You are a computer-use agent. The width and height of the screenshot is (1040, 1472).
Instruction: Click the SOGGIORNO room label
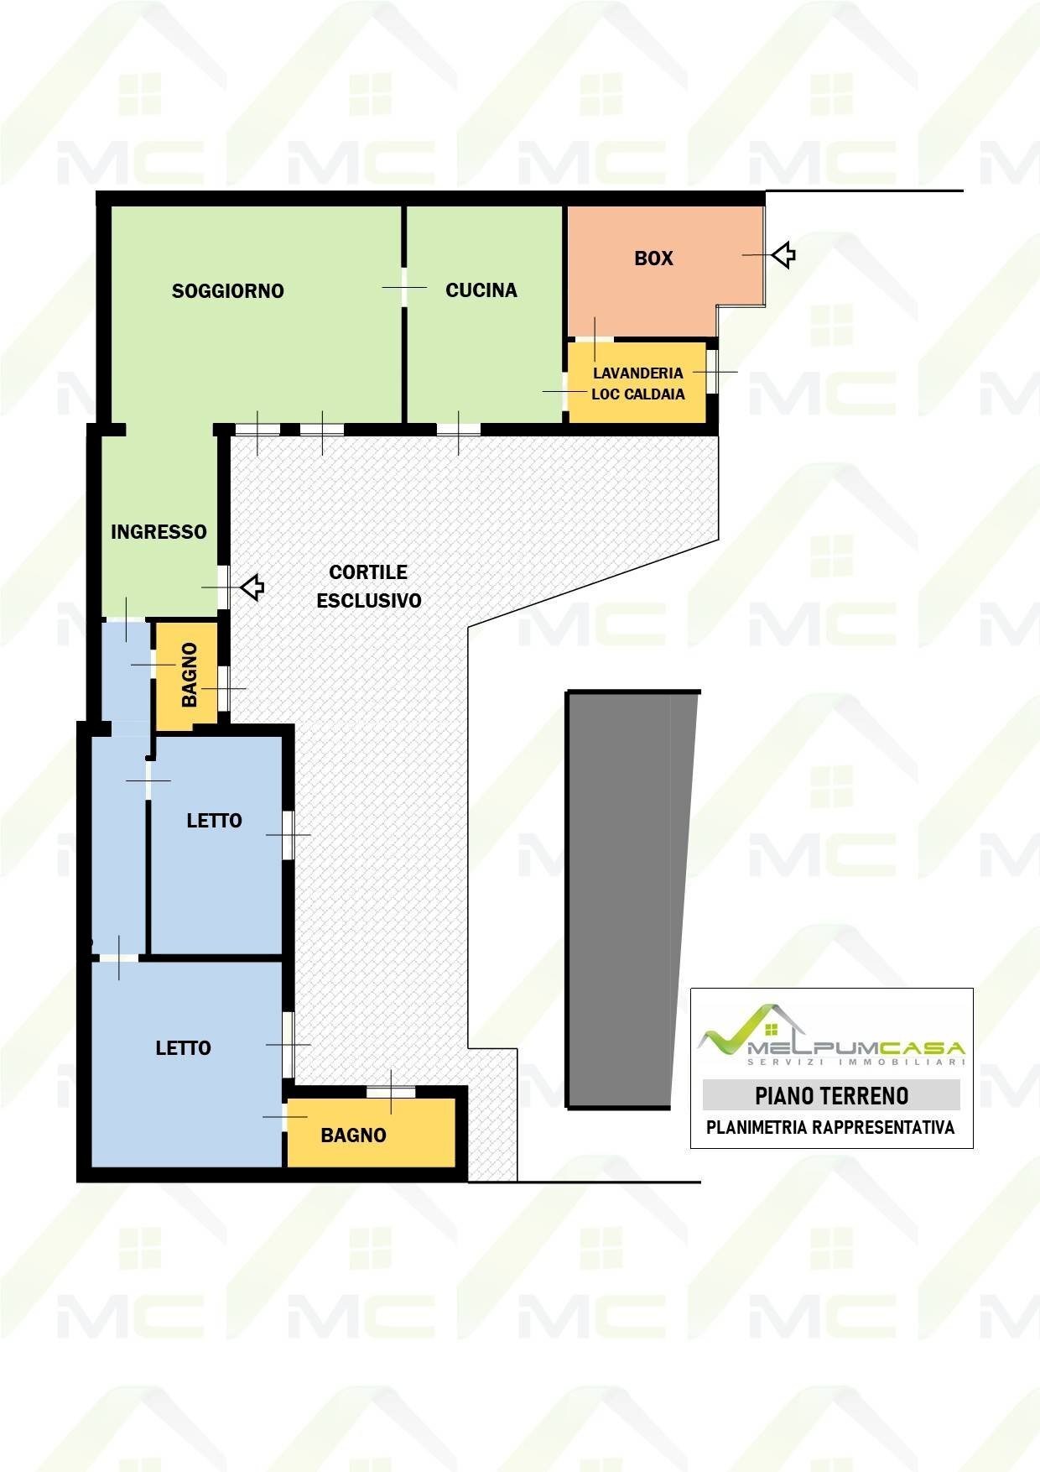coord(228,291)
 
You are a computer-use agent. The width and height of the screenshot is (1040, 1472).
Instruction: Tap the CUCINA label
coord(481,290)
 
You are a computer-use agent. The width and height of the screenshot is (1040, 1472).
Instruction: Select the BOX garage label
coord(654,258)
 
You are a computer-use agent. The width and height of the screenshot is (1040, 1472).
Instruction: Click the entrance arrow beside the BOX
coord(783,254)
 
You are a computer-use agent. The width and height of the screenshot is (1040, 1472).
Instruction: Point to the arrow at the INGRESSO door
coord(252,587)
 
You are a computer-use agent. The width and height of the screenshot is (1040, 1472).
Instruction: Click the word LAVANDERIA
coord(638,373)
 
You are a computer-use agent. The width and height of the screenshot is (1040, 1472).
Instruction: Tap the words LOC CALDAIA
coord(638,394)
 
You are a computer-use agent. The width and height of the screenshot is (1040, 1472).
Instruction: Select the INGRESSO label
coord(159,532)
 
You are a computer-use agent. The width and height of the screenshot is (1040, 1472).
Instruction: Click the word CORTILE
coord(368,572)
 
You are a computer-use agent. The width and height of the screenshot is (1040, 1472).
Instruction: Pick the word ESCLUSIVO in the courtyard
coord(369,601)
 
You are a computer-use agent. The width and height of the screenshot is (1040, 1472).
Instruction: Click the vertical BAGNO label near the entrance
coord(190,675)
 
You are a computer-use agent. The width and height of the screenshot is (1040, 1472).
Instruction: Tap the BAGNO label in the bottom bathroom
coord(354,1135)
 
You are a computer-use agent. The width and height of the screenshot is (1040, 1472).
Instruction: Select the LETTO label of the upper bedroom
coord(214,821)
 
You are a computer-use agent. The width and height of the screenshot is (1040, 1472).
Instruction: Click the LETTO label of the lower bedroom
coord(183,1048)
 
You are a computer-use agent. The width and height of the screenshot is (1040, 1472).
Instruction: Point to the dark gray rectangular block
coord(631,899)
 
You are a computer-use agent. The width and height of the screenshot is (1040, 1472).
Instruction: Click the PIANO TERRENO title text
coord(832,1096)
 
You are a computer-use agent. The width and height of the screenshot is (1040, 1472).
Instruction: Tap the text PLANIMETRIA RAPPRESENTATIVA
coord(830,1128)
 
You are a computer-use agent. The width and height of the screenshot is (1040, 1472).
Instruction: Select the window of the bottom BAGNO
coord(391,1092)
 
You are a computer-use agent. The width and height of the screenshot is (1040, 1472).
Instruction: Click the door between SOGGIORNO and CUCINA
coord(404,288)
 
